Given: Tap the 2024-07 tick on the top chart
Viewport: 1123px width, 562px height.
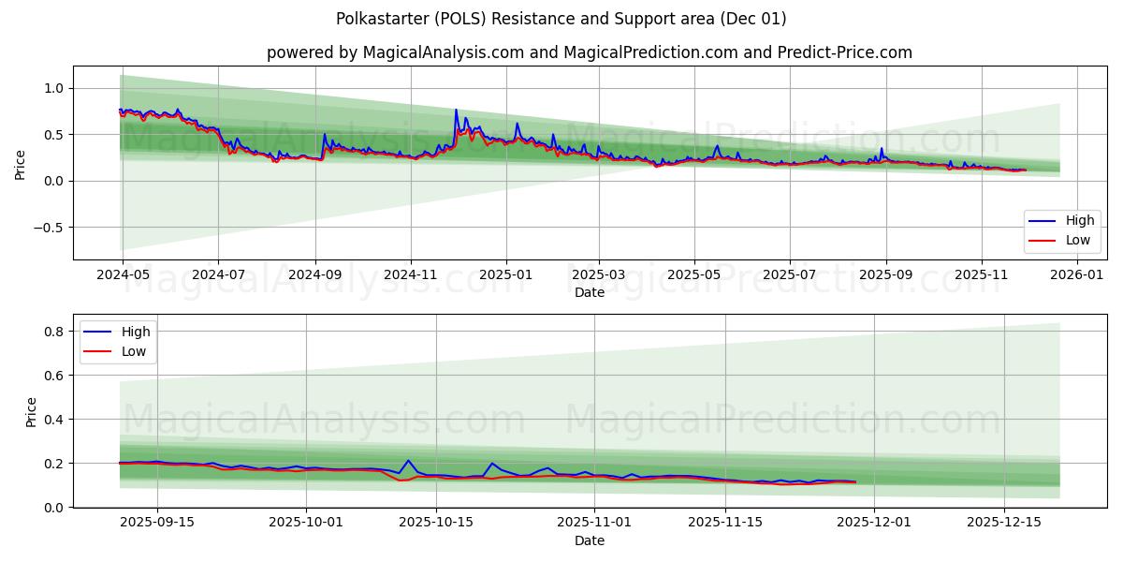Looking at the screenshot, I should [x=218, y=275].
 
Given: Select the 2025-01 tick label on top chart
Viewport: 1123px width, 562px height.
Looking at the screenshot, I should [x=505, y=275].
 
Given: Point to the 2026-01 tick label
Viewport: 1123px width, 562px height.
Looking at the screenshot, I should [x=1077, y=275].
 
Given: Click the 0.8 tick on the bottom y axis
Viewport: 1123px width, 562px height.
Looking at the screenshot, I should [x=54, y=332].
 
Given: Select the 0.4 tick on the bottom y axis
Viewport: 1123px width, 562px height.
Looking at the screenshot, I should [x=54, y=420].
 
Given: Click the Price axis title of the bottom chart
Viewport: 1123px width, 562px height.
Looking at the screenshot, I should [x=32, y=411].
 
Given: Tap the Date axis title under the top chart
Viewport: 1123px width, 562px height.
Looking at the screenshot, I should [x=589, y=292].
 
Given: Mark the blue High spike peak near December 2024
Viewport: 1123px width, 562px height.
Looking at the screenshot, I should [x=457, y=111].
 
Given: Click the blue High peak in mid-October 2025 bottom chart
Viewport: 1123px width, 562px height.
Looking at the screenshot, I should [x=408, y=460].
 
